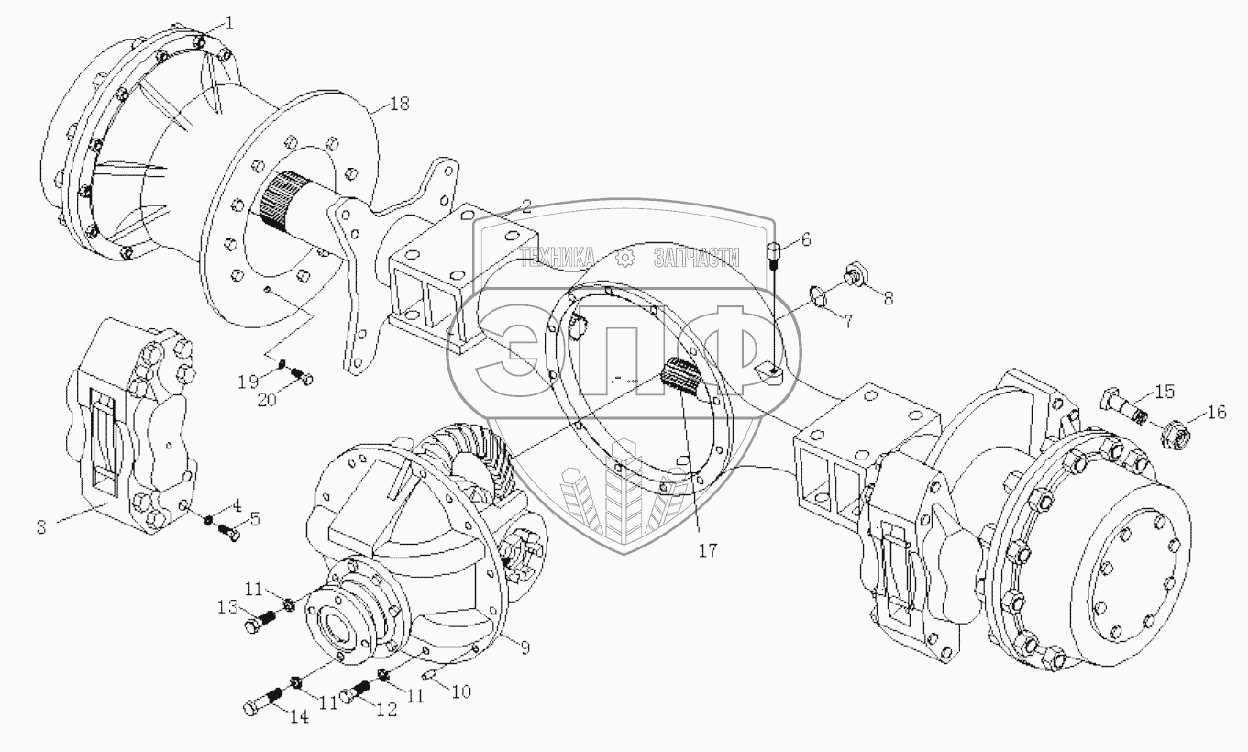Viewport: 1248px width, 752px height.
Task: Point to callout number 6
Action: pyautogui.click(x=806, y=240)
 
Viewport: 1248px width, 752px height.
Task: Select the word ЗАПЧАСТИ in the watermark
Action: pyautogui.click(x=697, y=258)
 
